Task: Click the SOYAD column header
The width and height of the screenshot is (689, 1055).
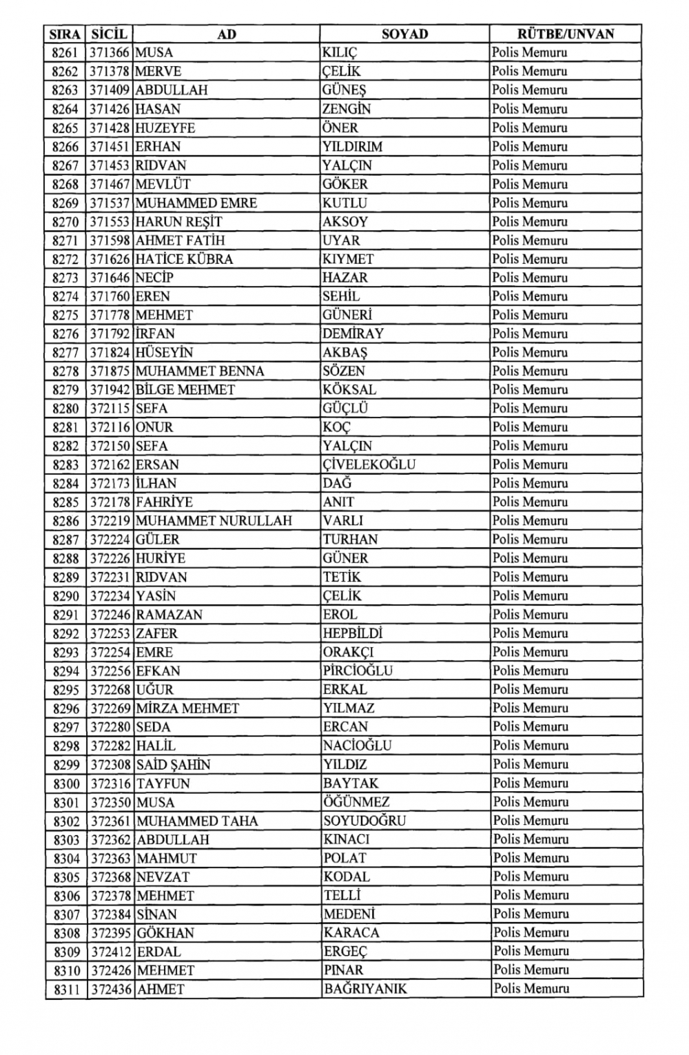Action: pyautogui.click(x=404, y=34)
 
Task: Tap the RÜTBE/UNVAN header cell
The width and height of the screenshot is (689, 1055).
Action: pyautogui.click(x=566, y=34)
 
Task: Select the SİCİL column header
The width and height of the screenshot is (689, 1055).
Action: pyautogui.click(x=110, y=34)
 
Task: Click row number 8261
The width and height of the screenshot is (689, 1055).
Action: pyautogui.click(x=65, y=52)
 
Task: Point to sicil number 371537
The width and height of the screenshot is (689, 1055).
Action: pyautogui.click(x=110, y=203)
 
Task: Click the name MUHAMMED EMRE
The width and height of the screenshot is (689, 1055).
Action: pyautogui.click(x=196, y=203)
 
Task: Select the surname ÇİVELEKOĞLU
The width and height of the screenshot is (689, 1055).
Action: pyautogui.click(x=369, y=464)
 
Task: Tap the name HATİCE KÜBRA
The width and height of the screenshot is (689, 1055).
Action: pyautogui.click(x=185, y=259)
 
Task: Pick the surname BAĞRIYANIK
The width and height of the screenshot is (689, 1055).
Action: pyautogui.click(x=365, y=989)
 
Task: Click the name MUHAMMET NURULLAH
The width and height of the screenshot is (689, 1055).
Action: pyautogui.click(x=214, y=521)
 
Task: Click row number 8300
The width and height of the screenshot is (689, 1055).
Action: pyautogui.click(x=66, y=783)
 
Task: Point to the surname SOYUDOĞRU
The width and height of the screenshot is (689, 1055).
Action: pyautogui.click(x=364, y=821)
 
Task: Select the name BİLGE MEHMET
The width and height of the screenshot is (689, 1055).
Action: pyautogui.click(x=185, y=390)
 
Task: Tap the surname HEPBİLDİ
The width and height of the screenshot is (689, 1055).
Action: pyautogui.click(x=353, y=633)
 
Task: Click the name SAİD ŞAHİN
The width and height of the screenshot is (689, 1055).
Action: pyautogui.click(x=174, y=765)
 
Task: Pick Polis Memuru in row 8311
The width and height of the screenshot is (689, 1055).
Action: pyautogui.click(x=531, y=989)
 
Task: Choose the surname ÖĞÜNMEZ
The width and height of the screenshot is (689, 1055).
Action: pyautogui.click(x=356, y=802)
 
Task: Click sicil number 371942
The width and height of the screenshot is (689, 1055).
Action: pyautogui.click(x=110, y=390)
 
